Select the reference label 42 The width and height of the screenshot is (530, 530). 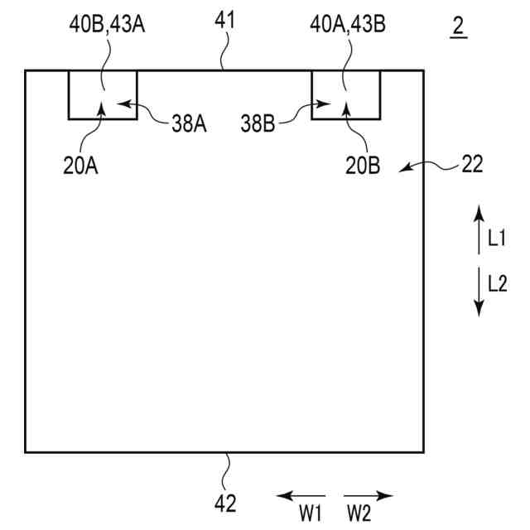tap(225, 502)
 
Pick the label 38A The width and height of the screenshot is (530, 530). tap(190, 124)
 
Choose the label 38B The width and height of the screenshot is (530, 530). tap(261, 124)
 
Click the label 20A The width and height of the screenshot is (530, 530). tap(80, 165)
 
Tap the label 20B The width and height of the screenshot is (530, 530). tap(364, 165)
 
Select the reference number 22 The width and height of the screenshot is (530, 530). tap(472, 165)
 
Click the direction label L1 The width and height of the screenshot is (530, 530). tap(497, 239)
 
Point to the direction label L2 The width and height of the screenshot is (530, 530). tap(497, 284)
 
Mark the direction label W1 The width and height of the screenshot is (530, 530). tap(311, 514)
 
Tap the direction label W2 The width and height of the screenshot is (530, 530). tap(359, 514)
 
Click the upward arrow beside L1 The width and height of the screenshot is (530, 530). tap(478, 230)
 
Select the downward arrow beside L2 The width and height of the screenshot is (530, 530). tap(478, 291)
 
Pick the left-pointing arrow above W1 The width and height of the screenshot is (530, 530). tap(300, 496)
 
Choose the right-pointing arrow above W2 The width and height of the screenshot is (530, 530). tap(369, 496)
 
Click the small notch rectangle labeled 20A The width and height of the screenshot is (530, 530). tap(103, 95)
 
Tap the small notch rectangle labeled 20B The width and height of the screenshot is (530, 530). tap(346, 95)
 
